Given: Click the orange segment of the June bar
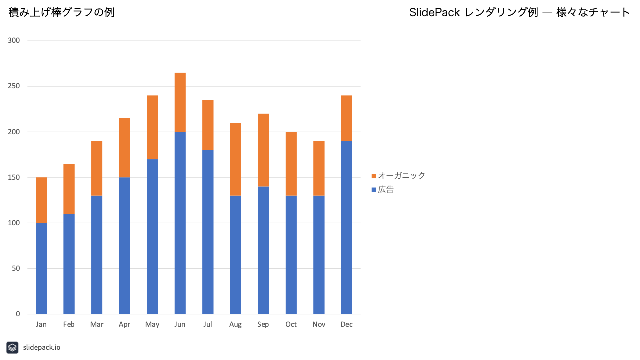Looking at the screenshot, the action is tap(180, 102).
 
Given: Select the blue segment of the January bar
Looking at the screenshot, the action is tap(41, 268).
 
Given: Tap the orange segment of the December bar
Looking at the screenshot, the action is tap(347, 118).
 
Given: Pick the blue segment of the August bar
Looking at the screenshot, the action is tap(235, 255).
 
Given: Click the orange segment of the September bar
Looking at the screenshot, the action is tap(263, 150).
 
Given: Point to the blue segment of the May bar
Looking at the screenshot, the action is tap(152, 237).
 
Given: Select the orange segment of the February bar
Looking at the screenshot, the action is tap(69, 189).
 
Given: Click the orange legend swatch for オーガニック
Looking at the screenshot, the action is tap(374, 176).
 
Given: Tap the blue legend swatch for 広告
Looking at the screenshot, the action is tap(374, 190).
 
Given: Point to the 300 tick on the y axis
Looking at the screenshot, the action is tap(14, 41).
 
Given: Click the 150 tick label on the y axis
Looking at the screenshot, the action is tap(14, 177).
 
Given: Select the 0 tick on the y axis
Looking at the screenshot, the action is tap(18, 314).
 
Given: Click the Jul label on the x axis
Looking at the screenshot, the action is tap(207, 324).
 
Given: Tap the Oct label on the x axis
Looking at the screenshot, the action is tap(291, 324).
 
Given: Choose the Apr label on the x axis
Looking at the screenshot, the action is tap(124, 325).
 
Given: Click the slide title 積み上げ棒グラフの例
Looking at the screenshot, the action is tap(61, 12).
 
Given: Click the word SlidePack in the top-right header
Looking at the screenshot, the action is tap(434, 12).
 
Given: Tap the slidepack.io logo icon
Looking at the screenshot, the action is tap(12, 347).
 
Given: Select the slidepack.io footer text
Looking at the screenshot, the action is tap(42, 347).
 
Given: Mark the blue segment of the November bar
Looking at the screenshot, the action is tap(319, 255).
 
